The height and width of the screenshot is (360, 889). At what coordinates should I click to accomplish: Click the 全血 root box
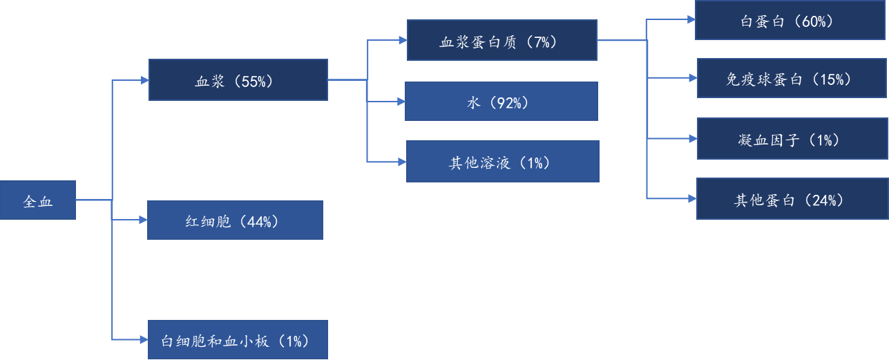pos(38,200)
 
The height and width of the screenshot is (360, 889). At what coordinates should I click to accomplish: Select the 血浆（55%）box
pos(238,80)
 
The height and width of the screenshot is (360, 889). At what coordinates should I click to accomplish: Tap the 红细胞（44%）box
pos(235,220)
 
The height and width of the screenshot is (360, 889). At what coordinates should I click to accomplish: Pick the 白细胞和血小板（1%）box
pos(238,339)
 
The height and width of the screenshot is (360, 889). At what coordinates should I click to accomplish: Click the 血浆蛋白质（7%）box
pos(501,41)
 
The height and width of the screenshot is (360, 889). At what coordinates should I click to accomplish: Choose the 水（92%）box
pos(501,102)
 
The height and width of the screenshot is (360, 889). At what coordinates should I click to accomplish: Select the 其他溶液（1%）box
pos(502,162)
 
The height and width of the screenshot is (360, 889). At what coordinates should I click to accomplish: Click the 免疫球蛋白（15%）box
pos(792,79)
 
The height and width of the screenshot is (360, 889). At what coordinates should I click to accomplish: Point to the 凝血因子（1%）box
pos(792,139)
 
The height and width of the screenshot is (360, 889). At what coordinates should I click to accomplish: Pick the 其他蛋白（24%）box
pos(792,199)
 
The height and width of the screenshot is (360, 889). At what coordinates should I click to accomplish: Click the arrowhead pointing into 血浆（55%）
pos(145,80)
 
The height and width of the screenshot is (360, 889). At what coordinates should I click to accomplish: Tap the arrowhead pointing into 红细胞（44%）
pos(143,220)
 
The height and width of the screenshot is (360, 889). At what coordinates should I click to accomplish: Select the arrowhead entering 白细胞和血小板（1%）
pos(144,339)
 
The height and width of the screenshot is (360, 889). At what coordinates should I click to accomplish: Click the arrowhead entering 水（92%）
pos(401,102)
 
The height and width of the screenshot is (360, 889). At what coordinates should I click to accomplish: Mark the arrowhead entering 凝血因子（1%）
pos(694,139)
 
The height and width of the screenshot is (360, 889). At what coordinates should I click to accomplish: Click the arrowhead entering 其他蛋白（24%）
pos(692,199)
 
